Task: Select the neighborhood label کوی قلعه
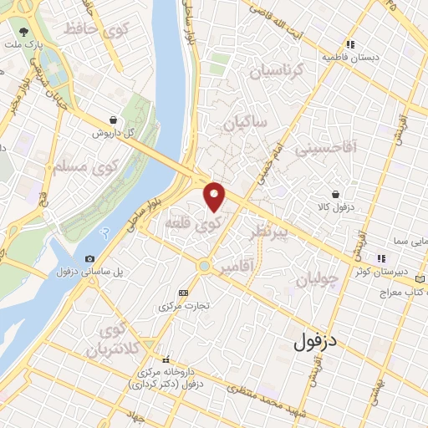[x=205, y=225]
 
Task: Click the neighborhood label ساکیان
[x=244, y=124]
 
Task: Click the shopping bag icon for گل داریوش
[x=113, y=120]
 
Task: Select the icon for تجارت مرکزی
[x=184, y=293]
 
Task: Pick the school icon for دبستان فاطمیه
[x=352, y=44]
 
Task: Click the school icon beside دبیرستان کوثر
[x=381, y=258]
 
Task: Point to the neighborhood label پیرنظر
[x=269, y=231]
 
